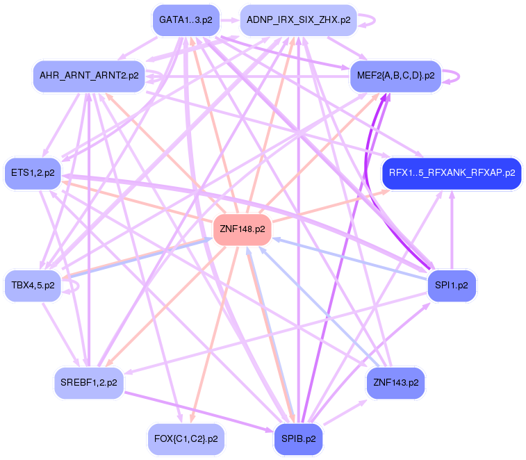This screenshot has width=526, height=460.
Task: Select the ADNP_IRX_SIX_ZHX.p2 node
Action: tap(298, 20)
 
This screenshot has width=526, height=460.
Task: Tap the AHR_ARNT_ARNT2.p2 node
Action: tap(89, 75)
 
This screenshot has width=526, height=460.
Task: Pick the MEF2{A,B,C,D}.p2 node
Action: tap(395, 75)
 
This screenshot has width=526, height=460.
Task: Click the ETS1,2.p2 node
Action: tap(33, 174)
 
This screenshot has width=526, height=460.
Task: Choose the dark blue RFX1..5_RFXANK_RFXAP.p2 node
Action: tap(452, 172)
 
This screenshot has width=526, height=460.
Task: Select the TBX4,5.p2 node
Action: tap(33, 286)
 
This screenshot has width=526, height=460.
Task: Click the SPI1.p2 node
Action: tap(452, 285)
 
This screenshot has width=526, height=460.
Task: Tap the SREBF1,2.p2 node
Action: tap(89, 383)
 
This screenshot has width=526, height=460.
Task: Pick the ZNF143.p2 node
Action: tap(395, 383)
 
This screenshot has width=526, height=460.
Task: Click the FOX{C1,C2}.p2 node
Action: tap(186, 439)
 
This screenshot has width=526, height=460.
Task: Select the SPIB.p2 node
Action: tap(299, 439)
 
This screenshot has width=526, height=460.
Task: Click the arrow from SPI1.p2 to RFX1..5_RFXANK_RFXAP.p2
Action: tap(452, 229)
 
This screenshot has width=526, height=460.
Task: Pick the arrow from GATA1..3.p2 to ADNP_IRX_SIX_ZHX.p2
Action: tap(230, 20)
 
